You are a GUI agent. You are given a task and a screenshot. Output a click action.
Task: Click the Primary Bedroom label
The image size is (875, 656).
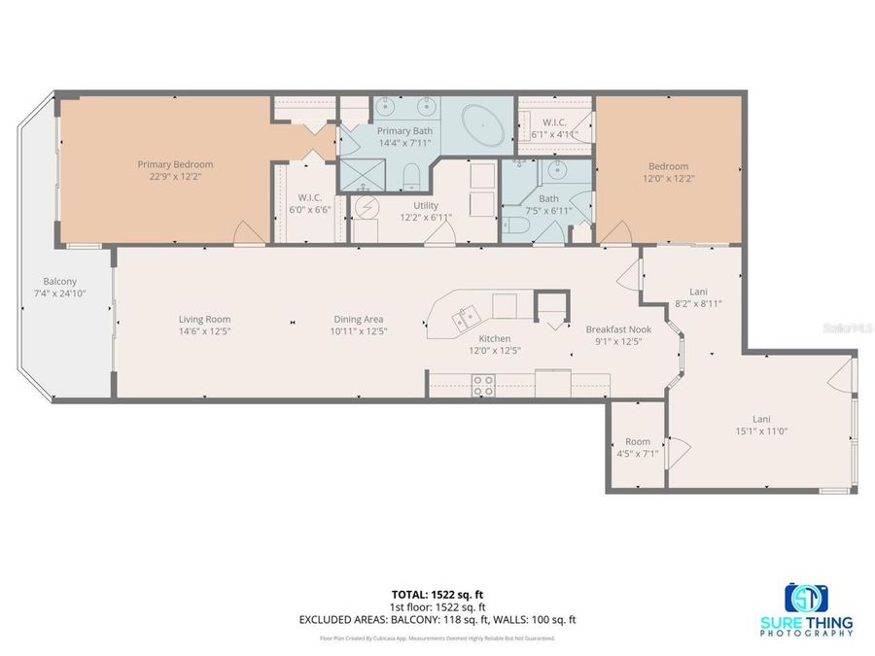pyautogui.click(x=175, y=165)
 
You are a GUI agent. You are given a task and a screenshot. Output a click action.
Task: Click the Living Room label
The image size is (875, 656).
pyautogui.click(x=204, y=319)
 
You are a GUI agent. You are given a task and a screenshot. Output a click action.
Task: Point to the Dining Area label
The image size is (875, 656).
pyautogui.click(x=359, y=319)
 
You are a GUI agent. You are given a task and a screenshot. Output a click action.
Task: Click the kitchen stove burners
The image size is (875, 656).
pyautogui.click(x=482, y=385)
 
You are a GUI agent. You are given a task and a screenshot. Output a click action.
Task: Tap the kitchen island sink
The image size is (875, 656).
pyautogui.click(x=461, y=315)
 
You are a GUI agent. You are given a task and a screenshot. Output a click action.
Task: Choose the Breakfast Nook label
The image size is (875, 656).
pyautogui.click(x=618, y=329)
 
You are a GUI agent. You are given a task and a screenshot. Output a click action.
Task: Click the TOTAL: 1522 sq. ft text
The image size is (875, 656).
pyautogui.click(x=437, y=594)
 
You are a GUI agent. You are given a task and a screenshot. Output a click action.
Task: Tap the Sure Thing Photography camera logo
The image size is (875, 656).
pyautogui.click(x=806, y=597)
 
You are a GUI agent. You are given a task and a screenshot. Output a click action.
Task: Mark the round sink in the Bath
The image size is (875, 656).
pyautogui.click(x=556, y=173)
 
